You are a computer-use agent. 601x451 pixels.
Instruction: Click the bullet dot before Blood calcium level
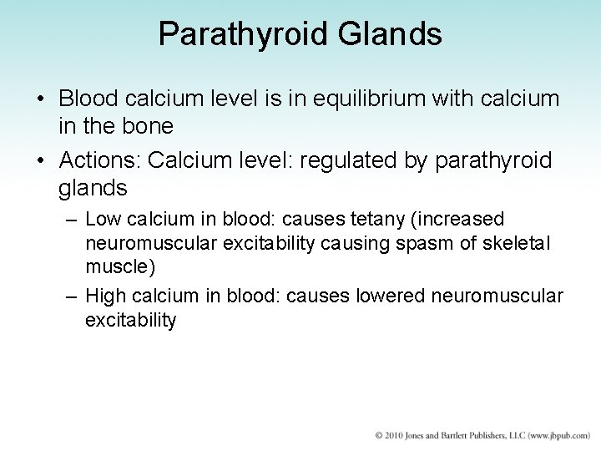(x=41, y=99)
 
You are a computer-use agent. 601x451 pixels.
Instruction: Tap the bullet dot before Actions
(x=41, y=160)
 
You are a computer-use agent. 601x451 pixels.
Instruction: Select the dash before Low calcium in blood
(x=73, y=220)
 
